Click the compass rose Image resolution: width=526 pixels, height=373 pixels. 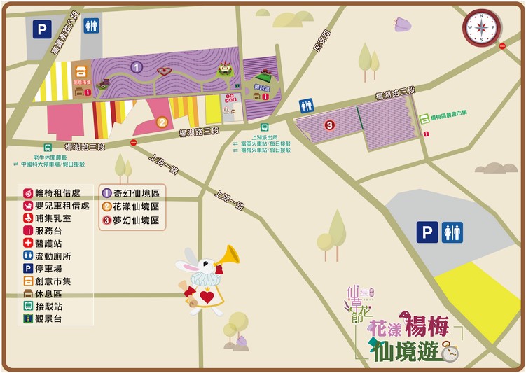coord(481,28)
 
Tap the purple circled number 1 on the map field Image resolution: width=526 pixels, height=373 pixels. coord(137,67)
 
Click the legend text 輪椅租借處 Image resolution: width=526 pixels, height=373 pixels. coord(62,192)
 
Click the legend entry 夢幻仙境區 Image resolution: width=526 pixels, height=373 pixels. coord(136,221)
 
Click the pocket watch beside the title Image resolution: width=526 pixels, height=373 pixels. coord(449,352)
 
